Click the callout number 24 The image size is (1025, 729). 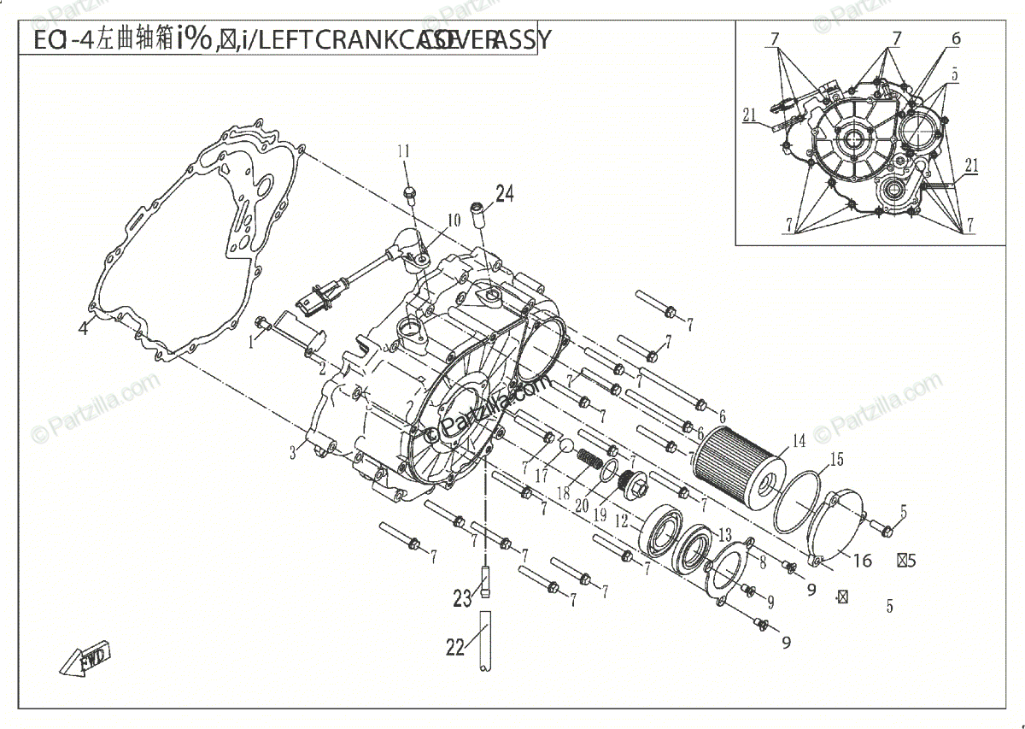click(504, 194)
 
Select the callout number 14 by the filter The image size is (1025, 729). click(799, 441)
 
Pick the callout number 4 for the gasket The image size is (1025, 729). click(84, 328)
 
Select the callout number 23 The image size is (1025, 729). click(462, 598)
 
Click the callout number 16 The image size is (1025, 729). click(863, 561)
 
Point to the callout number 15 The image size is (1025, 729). click(836, 460)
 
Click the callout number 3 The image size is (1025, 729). click(292, 451)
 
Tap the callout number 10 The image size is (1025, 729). click(453, 220)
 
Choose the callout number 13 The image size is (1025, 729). click(725, 535)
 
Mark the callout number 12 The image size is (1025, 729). click(623, 519)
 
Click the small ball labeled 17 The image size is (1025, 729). click(565, 446)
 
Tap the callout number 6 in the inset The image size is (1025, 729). click(955, 38)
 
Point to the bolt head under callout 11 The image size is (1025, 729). click(408, 193)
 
